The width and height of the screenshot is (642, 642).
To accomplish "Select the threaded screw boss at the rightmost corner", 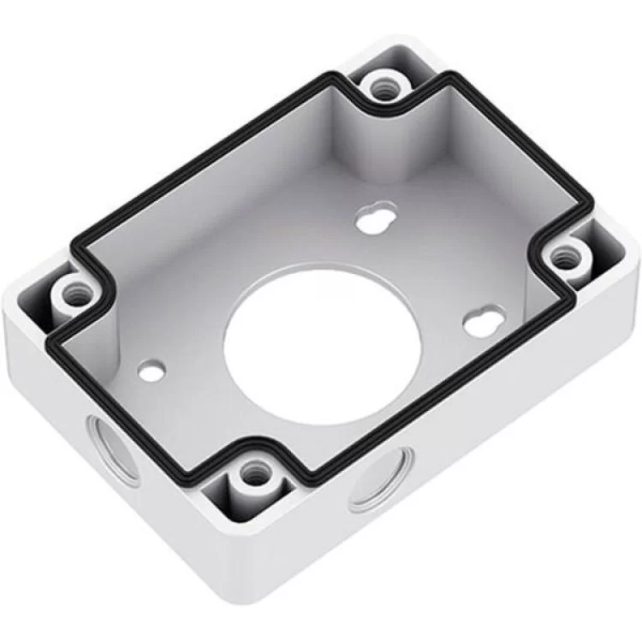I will (x=564, y=256).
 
